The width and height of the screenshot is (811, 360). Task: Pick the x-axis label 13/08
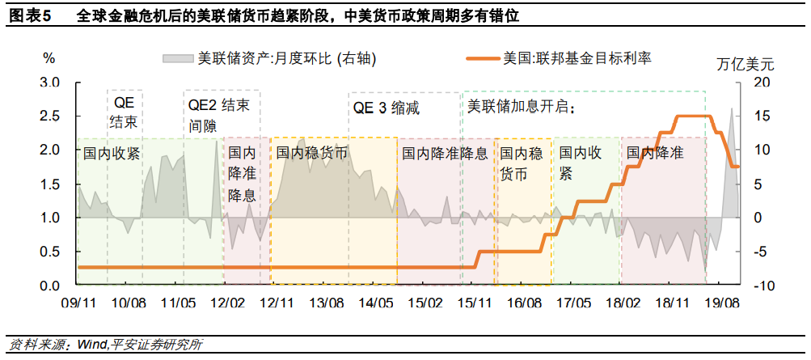(x=326, y=302)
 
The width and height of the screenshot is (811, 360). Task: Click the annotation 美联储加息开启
(x=526, y=106)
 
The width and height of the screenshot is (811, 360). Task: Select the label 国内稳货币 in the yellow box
(x=311, y=153)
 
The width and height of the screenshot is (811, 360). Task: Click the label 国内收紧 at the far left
(x=112, y=153)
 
